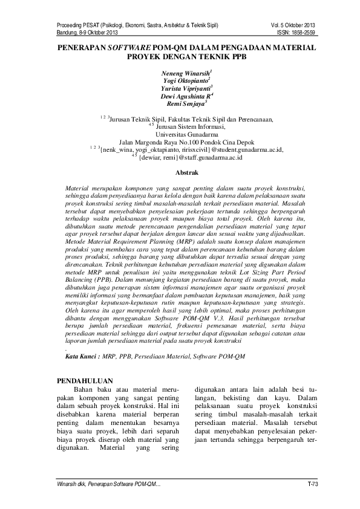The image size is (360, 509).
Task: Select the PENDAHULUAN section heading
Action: (x=85, y=382)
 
